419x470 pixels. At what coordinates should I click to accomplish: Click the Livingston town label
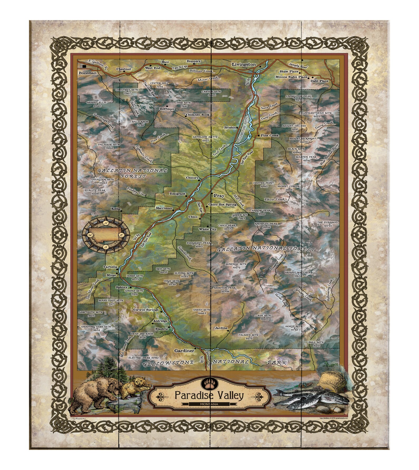(244, 64)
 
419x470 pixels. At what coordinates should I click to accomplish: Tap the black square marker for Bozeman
(84, 66)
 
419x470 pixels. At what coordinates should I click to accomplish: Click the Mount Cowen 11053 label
(285, 188)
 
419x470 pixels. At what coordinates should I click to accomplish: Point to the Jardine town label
(221, 328)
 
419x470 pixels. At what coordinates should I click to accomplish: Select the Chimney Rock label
(197, 115)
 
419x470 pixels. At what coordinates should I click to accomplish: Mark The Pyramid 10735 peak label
(327, 224)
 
